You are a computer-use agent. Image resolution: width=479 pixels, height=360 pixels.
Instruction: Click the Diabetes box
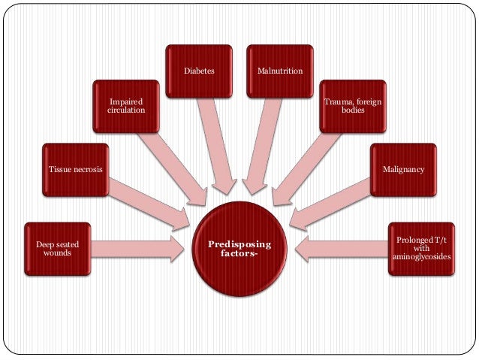point(199,72)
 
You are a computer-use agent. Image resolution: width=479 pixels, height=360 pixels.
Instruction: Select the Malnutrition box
point(279,72)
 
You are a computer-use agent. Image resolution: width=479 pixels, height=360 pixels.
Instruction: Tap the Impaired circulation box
point(126,106)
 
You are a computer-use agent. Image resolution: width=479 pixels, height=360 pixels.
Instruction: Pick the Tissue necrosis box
point(75,170)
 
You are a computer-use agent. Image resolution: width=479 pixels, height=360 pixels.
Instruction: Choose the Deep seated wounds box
point(57,248)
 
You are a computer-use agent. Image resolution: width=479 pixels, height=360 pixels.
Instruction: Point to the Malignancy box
point(403,170)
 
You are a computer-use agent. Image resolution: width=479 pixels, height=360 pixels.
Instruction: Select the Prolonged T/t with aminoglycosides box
point(422,249)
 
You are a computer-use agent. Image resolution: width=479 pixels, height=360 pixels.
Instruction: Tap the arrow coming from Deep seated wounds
point(139,248)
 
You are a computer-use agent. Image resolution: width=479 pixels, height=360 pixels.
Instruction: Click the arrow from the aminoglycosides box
point(342,248)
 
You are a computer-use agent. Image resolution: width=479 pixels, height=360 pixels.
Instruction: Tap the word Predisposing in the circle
point(240,245)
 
